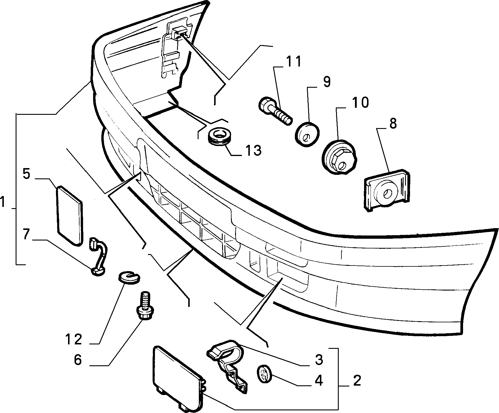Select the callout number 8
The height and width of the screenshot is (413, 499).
point(393,124)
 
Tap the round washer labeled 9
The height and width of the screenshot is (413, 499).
point(308,134)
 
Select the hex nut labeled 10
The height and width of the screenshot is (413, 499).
point(340,157)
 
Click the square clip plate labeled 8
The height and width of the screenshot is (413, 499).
point(387,189)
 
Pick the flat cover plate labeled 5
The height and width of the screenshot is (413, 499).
point(69,215)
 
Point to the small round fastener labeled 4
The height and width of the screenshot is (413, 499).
point(265,374)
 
